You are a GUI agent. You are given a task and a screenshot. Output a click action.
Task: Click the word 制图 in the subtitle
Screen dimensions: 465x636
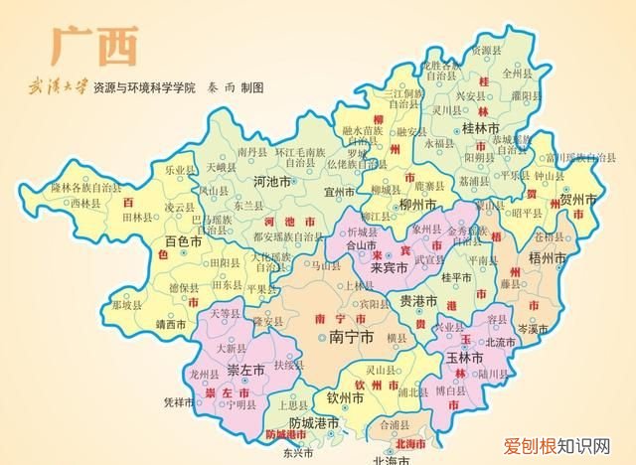(252, 87)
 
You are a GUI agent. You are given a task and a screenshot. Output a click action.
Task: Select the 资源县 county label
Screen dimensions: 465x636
(487, 50)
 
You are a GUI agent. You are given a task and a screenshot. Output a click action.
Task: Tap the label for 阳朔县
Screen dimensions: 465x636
(481, 157)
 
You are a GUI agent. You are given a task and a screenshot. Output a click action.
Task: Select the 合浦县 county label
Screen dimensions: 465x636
(368, 424)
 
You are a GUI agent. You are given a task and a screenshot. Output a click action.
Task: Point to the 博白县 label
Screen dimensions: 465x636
(451, 392)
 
